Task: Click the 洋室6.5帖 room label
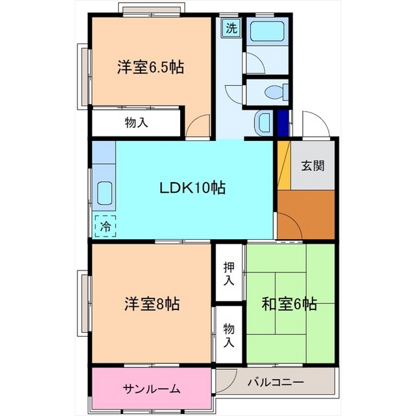pyautogui.click(x=150, y=68)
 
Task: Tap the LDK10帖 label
pyautogui.click(x=192, y=188)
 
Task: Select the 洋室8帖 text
pyautogui.click(x=152, y=304)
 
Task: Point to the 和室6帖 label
pyautogui.click(x=289, y=304)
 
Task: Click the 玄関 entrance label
pyautogui.click(x=313, y=166)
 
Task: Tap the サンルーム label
pyautogui.click(x=151, y=389)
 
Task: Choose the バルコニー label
pyautogui.click(x=276, y=382)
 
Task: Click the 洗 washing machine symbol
pyautogui.click(x=231, y=28)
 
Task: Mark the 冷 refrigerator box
pyautogui.click(x=105, y=226)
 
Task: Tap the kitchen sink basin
pyautogui.click(x=105, y=193)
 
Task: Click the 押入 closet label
pyautogui.click(x=229, y=274)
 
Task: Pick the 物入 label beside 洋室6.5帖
pyautogui.click(x=136, y=123)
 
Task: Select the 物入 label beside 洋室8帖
pyautogui.click(x=229, y=335)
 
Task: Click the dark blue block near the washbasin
pyautogui.click(x=283, y=123)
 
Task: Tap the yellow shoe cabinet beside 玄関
pyautogui.click(x=284, y=165)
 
